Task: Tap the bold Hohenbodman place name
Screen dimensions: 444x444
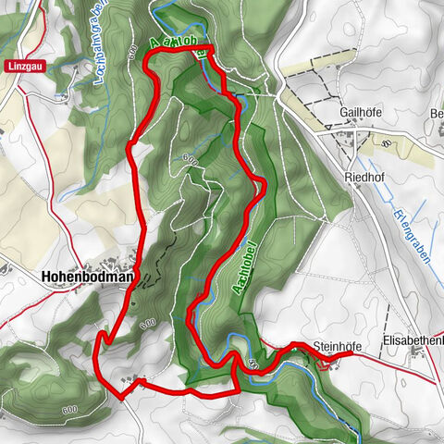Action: (x=87, y=276)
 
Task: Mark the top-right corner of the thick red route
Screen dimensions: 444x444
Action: (x=212, y=47)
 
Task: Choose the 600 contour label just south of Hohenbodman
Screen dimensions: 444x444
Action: (x=146, y=324)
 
